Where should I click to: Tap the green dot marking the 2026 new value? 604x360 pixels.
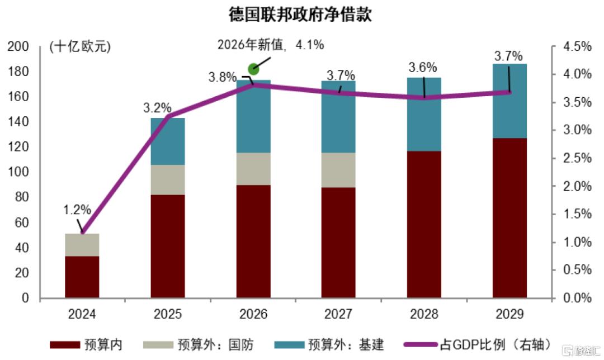(x=253, y=69)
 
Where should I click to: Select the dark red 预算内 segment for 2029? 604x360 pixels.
(x=509, y=218)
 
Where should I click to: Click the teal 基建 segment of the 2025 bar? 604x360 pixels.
(x=168, y=141)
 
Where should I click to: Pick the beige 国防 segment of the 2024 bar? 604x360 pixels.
(x=82, y=244)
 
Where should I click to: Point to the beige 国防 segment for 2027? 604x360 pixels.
(x=338, y=170)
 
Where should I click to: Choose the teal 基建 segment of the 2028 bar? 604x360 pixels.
(x=424, y=115)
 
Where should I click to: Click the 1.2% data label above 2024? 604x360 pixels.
(x=77, y=210)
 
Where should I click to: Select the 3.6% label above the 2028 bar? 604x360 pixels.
(x=423, y=68)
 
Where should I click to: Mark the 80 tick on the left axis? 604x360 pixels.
(x=22, y=198)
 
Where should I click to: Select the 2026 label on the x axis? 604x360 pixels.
(x=253, y=314)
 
